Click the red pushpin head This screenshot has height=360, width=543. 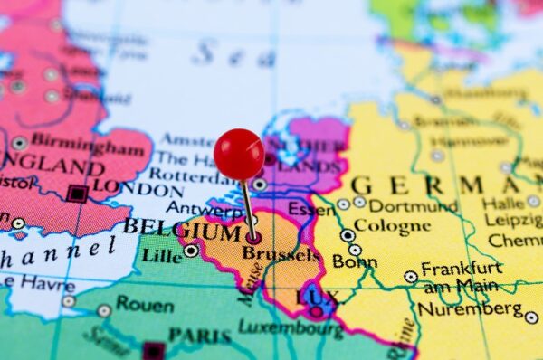239,154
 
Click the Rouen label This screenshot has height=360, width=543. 144,305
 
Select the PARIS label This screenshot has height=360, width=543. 200,336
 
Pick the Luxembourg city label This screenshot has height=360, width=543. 291,328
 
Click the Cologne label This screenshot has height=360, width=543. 392,225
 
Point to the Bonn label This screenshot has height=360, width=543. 355,261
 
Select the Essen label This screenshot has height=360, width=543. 311,210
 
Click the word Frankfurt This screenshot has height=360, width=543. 461,269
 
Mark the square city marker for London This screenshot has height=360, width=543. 78,194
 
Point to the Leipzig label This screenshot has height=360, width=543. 513,221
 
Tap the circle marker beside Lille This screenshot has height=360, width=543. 191,250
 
